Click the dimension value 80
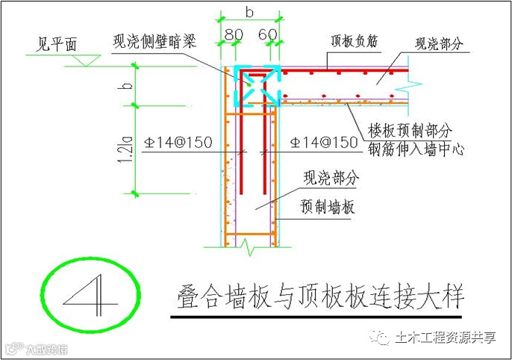[234, 36]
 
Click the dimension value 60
[268, 36]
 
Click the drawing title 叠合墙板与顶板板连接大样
[322, 294]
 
